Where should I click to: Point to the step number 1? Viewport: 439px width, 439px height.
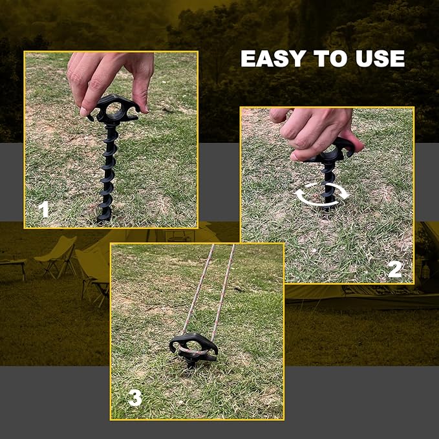click(43, 209)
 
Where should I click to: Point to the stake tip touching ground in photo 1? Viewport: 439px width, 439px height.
click(104, 218)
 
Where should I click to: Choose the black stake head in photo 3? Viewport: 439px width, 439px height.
click(193, 346)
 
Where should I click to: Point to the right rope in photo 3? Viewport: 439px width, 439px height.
click(221, 291)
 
